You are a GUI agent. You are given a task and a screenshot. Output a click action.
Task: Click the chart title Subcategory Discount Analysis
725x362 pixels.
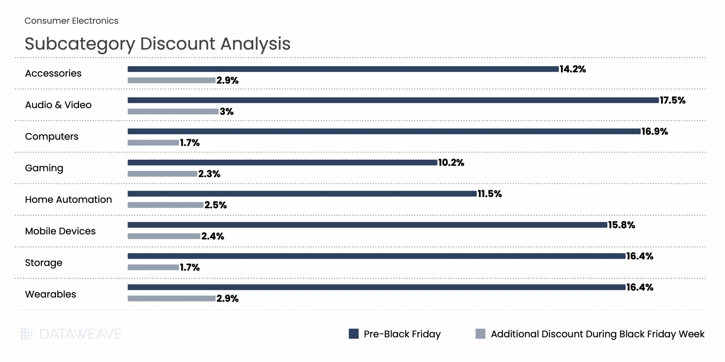coord(158,44)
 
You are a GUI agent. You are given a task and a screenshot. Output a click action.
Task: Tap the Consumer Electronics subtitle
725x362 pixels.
coord(72,21)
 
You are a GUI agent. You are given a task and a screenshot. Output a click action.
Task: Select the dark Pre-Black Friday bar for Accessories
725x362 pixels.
coord(343,69)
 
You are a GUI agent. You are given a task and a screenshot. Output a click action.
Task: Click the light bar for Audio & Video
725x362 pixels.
coord(173,111)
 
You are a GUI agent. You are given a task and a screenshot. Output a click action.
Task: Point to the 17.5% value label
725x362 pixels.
coord(672,100)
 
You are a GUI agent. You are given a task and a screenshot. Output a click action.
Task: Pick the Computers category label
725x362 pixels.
coord(52,136)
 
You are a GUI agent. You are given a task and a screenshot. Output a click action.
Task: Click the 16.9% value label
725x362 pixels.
coord(655,132)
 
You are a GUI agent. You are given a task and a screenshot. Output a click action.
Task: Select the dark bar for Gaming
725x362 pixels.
coord(282,163)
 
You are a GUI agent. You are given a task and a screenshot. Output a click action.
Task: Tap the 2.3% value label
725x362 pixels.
coord(209,174)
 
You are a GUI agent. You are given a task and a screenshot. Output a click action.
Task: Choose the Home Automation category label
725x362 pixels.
coord(68,200)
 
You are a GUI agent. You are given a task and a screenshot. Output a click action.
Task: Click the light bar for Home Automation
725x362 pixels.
coord(165,205)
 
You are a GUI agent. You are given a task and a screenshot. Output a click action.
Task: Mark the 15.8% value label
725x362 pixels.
coord(622,225)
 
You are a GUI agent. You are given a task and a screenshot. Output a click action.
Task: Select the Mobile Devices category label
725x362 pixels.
coord(60,231)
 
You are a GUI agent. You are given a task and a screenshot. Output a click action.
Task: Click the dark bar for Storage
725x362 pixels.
coord(376,256)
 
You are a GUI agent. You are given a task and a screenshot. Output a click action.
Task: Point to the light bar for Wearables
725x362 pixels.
coord(171,298)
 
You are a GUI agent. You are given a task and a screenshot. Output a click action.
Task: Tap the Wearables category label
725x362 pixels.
coord(51,294)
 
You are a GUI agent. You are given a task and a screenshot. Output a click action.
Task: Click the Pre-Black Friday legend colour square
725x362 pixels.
coord(353,334)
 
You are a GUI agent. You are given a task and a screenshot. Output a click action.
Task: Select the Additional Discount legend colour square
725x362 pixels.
coord(480,334)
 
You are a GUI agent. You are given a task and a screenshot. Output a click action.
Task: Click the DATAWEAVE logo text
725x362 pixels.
coord(80,334)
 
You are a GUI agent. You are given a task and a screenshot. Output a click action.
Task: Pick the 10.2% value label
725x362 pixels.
coord(451,163)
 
